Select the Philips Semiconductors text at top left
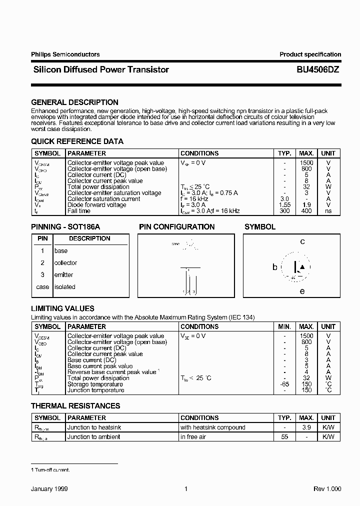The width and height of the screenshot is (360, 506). pos(65,54)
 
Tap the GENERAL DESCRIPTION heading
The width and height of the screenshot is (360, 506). pos(74,102)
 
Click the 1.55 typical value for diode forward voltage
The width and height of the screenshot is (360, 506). pos(284,205)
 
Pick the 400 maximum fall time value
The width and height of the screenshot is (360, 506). pos(306,211)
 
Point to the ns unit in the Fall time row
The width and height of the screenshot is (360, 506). pos(328,211)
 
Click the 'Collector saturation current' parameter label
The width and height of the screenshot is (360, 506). pos(103,199)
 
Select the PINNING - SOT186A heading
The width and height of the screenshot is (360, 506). pos(65,226)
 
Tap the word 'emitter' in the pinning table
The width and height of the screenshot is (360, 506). pos(63,274)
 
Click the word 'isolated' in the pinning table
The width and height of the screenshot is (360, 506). pos(64,287)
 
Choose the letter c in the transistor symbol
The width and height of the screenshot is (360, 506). pos(302,242)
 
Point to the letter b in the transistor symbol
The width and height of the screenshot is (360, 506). pos(274,267)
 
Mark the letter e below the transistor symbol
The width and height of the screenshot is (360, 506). pos(302,291)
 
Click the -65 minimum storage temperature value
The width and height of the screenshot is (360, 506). pos(284,384)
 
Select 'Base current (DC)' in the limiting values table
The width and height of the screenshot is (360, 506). pos(91,360)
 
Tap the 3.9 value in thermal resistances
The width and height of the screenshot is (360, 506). pos(306,427)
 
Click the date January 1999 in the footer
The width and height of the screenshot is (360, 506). pos(49,489)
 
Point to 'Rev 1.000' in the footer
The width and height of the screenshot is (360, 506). pos(327,489)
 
